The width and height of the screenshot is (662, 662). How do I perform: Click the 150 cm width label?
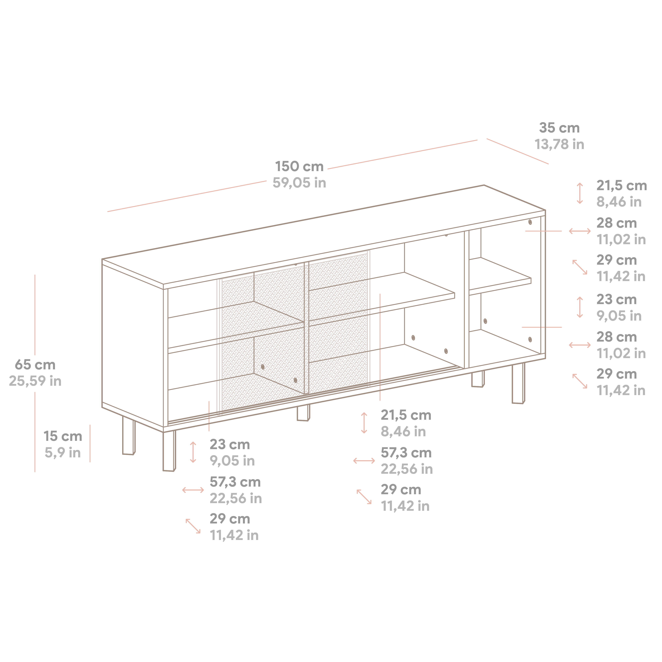pyautogui.click(x=299, y=166)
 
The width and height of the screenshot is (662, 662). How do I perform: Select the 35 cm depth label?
pyautogui.click(x=559, y=128)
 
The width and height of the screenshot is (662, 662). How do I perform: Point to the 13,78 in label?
pyautogui.click(x=559, y=144)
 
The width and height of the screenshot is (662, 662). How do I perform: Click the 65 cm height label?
pyautogui.click(x=35, y=365)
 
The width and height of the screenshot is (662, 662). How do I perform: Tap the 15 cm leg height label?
pyautogui.click(x=63, y=436)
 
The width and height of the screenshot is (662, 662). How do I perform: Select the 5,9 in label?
pyautogui.click(x=63, y=453)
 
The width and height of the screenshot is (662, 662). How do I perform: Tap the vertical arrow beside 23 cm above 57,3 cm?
pyautogui.click(x=193, y=452)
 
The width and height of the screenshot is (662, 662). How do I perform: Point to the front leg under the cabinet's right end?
pyautogui.click(x=518, y=384)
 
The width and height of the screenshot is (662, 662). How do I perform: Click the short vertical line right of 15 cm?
pyautogui.click(x=90, y=443)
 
